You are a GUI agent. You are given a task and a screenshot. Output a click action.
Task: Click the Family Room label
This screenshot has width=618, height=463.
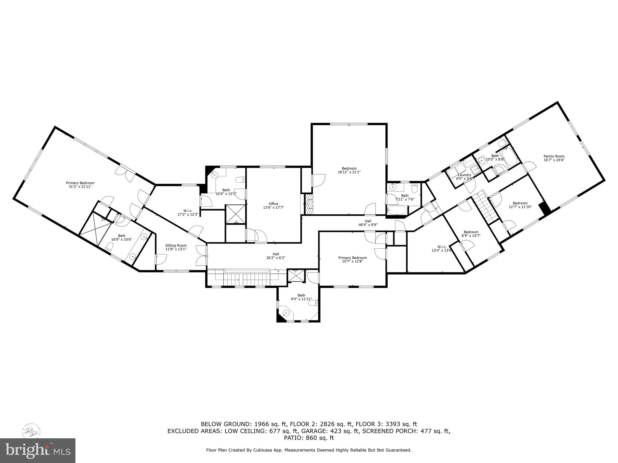click(x=554, y=156)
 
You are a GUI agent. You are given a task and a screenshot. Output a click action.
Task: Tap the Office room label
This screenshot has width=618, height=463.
click(x=273, y=204)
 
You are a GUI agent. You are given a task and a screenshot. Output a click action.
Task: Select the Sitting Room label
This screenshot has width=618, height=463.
click(x=176, y=245)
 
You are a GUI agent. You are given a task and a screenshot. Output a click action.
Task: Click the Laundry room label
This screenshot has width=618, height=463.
click(x=464, y=175)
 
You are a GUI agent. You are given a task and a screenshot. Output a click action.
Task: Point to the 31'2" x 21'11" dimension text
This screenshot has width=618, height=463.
click(x=80, y=187)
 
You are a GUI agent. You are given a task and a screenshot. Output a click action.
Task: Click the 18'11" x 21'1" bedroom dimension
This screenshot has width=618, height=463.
click(x=349, y=172)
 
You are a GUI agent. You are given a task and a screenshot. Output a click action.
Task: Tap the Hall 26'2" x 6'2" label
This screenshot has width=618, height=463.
click(x=276, y=256)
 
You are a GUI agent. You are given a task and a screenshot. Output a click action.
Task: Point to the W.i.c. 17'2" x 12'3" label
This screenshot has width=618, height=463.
click(x=187, y=213)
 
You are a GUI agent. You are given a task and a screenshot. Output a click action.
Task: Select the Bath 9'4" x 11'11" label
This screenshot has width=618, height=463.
click(x=301, y=297)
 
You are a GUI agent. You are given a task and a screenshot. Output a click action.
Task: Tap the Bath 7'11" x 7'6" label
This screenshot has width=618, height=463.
click(x=405, y=197)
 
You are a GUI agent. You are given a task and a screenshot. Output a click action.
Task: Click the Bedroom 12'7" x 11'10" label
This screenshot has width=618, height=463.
click(x=520, y=205)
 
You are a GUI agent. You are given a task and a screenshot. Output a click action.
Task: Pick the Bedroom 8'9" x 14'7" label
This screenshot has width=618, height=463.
click(x=471, y=234)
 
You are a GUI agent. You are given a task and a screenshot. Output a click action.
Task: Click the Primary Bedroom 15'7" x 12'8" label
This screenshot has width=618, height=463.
click(x=352, y=260)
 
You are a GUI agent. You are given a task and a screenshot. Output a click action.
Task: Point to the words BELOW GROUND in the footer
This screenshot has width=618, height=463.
click(x=222, y=424)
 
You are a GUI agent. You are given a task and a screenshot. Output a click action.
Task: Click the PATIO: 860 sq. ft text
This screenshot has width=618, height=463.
click(x=309, y=438)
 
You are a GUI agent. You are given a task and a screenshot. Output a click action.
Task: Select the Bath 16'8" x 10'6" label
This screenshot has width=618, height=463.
click(x=122, y=238)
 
